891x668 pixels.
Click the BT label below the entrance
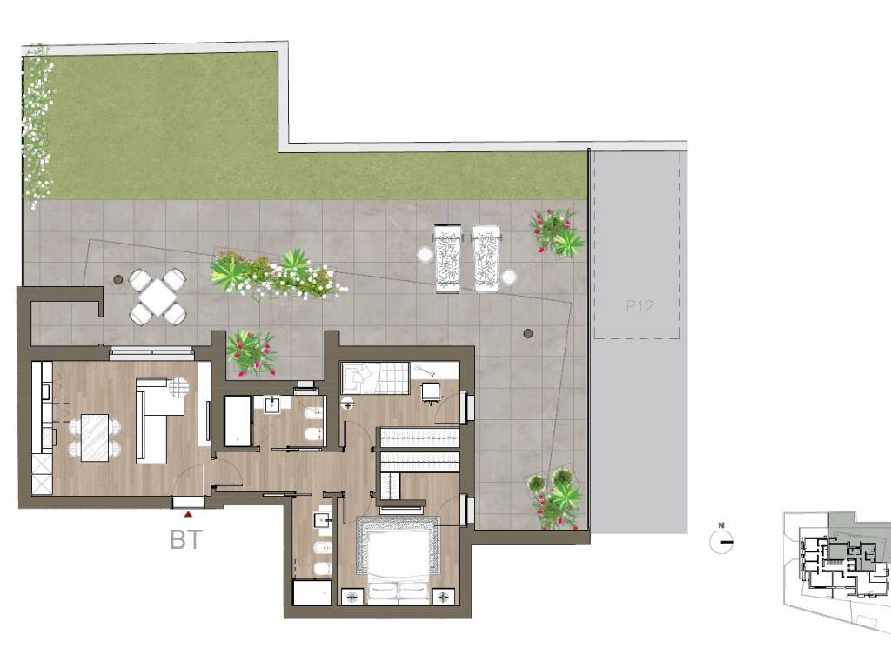186,539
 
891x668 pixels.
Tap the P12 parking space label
640,306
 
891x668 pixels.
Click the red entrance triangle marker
188,514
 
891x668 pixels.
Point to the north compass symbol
721,540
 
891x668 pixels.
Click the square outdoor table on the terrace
157,297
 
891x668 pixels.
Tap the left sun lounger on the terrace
448,258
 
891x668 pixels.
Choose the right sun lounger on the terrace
486,258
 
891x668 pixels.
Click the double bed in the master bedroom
398,560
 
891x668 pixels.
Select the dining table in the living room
95,438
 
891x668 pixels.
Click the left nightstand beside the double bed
352,597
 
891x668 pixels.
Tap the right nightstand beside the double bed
443,597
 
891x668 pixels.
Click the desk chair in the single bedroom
430,392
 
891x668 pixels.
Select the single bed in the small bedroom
375,376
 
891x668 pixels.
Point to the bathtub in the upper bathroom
238,421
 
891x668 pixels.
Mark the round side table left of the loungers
425,254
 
